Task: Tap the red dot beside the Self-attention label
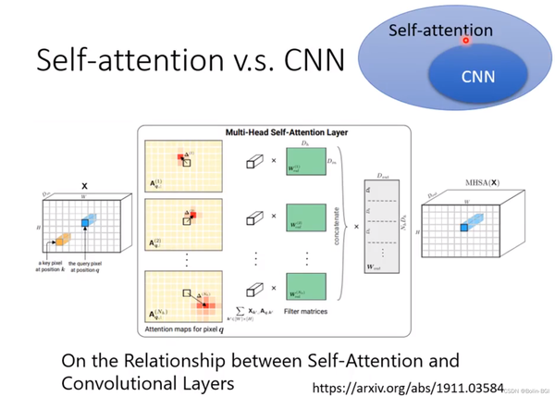(466, 40)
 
